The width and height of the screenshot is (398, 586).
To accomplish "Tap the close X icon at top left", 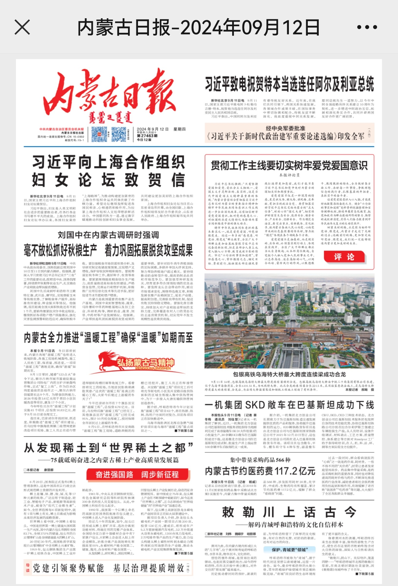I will pyautogui.click(x=22, y=27).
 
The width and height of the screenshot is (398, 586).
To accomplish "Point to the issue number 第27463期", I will pyautogui.click(x=147, y=136).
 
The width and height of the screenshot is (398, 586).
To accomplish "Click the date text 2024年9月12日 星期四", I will pyautogui.click(x=161, y=129).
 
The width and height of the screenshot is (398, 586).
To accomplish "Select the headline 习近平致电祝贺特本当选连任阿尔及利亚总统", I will pyautogui.click(x=289, y=84).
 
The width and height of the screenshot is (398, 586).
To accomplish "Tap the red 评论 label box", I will pyautogui.click(x=344, y=257).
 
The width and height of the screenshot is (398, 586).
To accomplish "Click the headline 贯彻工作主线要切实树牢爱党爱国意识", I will pyautogui.click(x=289, y=165).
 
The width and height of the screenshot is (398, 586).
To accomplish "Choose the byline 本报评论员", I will pyautogui.click(x=289, y=175).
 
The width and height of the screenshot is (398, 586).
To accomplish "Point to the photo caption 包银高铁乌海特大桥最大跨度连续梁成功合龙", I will pyautogui.click(x=289, y=374).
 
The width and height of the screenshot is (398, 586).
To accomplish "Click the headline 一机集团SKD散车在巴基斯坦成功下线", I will pyautogui.click(x=289, y=405).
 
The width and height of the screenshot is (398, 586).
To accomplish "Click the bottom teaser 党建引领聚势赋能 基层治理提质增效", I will pyautogui.click(x=108, y=568).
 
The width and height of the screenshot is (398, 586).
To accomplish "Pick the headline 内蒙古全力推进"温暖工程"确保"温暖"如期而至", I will pyautogui.click(x=108, y=338).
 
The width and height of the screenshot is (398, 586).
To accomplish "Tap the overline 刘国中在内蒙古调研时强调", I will pyautogui.click(x=108, y=235).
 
